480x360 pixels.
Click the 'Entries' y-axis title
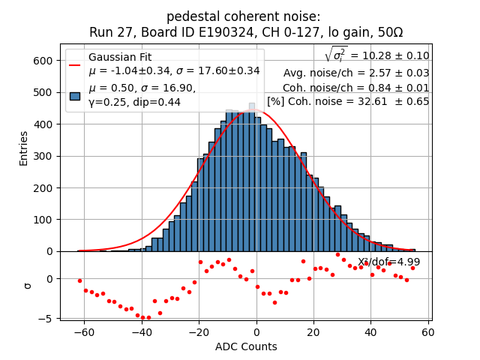click(x=24, y=148)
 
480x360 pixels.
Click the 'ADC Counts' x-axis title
click(x=246, y=346)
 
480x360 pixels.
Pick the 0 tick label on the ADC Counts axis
click(x=256, y=331)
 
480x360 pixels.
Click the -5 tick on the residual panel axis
click(x=48, y=319)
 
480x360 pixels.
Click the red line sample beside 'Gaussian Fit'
click(x=75, y=64)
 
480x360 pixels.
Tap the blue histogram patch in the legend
click(x=75, y=95)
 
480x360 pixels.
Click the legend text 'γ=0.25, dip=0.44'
click(x=135, y=103)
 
